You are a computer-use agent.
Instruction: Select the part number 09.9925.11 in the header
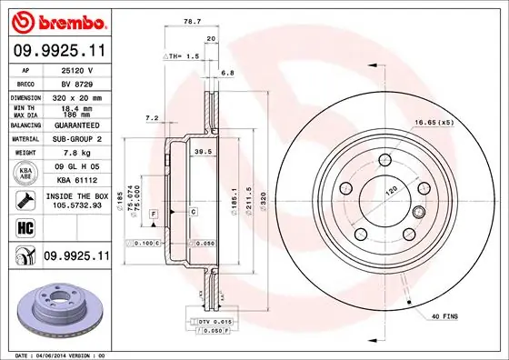click(x=56, y=51)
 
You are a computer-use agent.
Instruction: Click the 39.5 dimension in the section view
click(x=205, y=153)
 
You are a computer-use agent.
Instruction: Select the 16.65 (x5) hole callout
click(x=434, y=121)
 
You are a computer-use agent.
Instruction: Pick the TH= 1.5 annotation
click(x=185, y=56)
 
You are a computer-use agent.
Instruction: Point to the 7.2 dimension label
click(x=152, y=118)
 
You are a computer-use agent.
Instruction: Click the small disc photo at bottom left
click(x=55, y=306)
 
